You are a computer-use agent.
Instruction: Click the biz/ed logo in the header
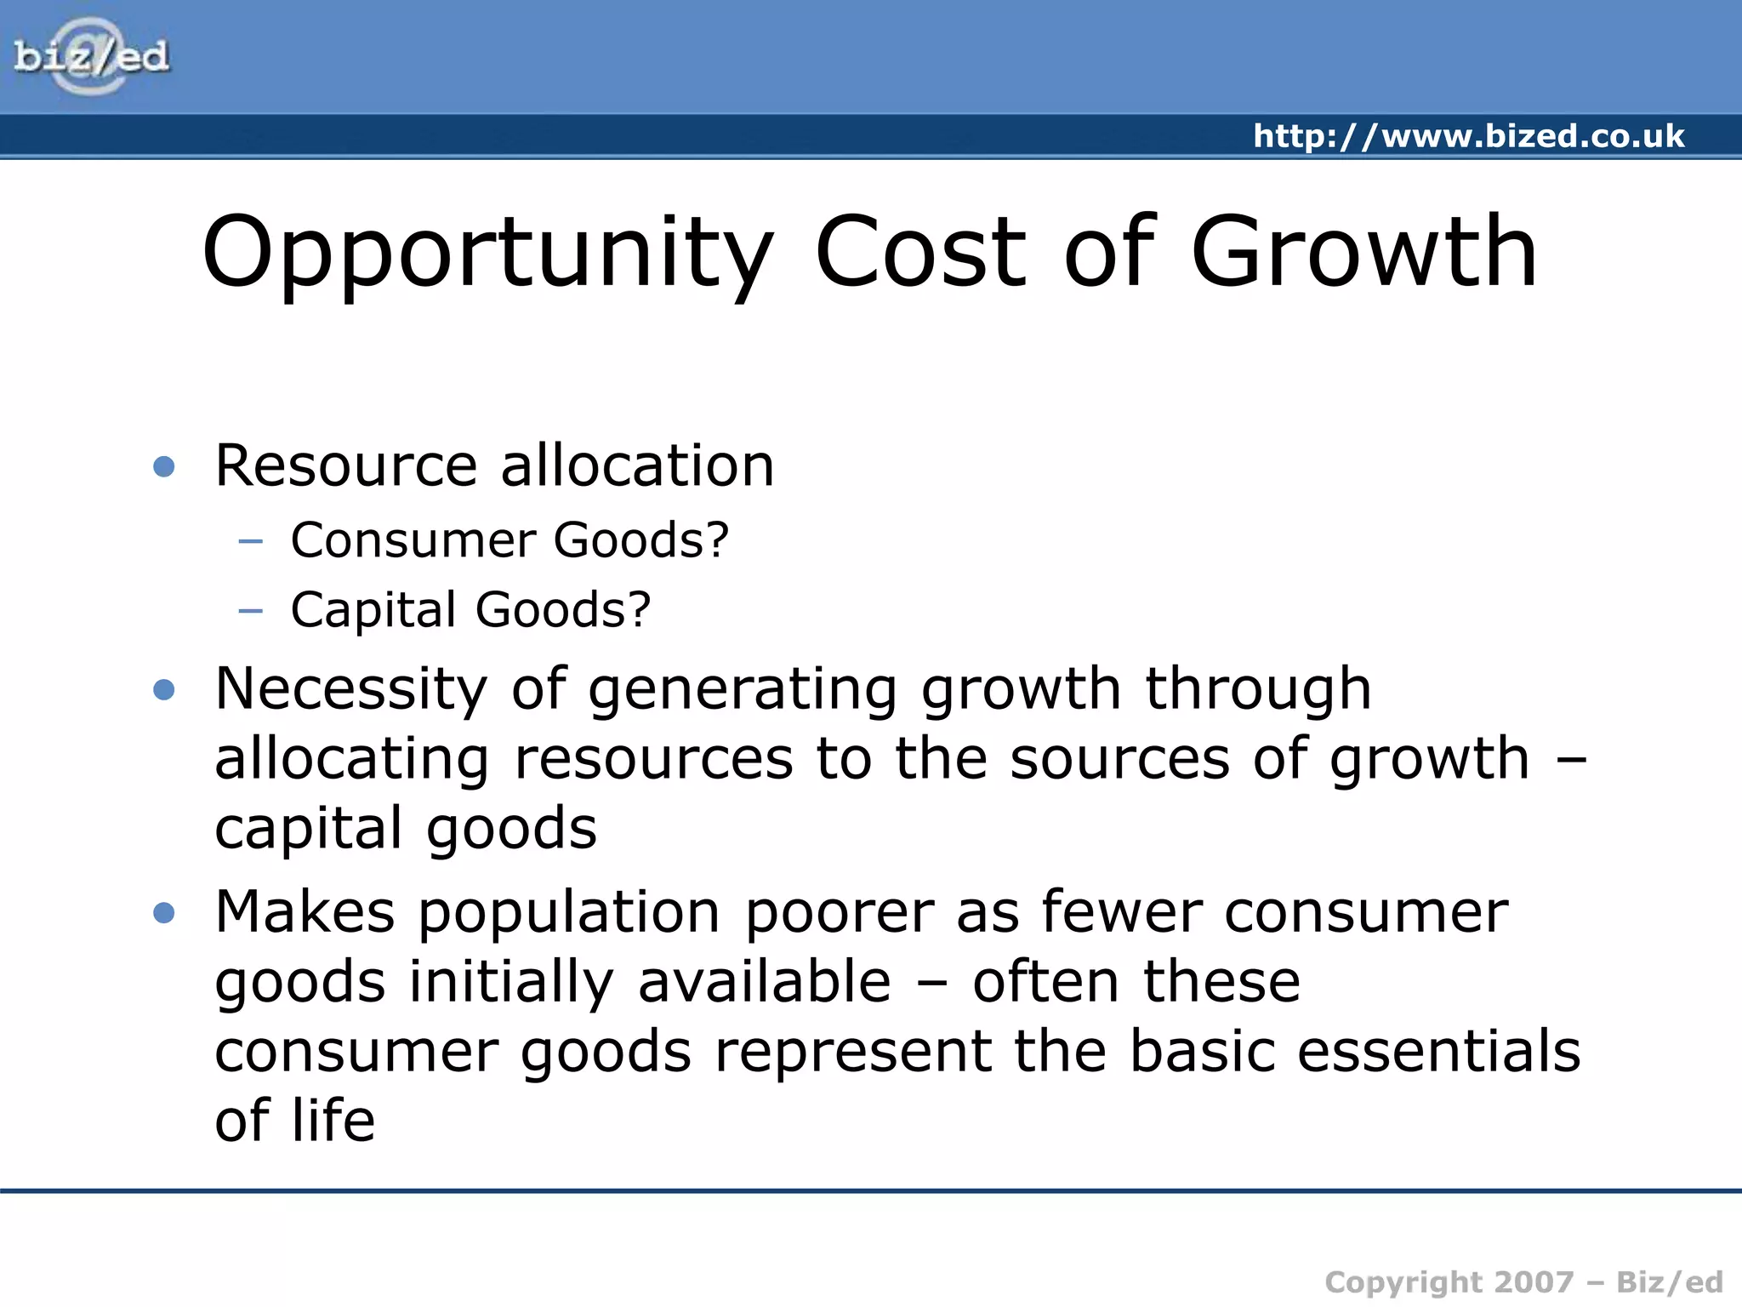[x=91, y=57]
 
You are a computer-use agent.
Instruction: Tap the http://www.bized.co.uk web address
[x=1468, y=136]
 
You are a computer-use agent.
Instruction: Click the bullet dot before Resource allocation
[x=163, y=466]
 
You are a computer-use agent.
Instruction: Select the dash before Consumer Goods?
[x=251, y=540]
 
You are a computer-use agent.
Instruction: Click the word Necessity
[x=351, y=689]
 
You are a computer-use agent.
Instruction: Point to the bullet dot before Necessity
[x=163, y=689]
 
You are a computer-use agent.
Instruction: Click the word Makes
[x=305, y=912]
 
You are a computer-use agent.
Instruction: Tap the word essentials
[x=1438, y=1052]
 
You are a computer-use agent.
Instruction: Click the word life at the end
[x=333, y=1121]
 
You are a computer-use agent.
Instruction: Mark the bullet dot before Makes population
[x=163, y=913]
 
